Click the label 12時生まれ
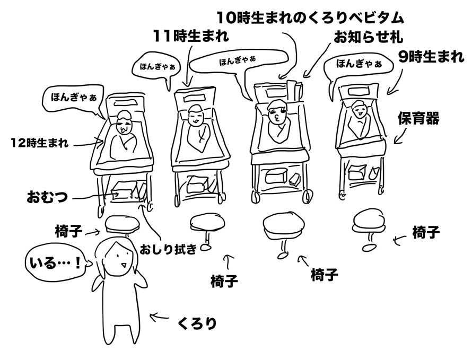coord(40,143)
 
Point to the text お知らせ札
coord(368,38)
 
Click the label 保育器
coord(418,118)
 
